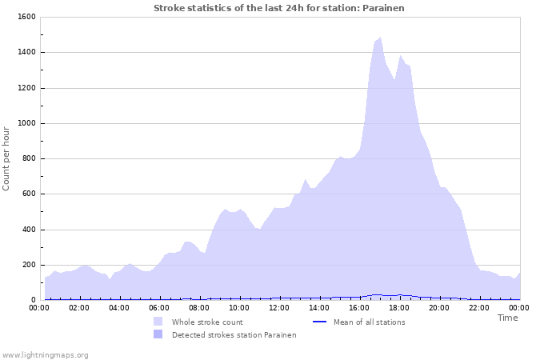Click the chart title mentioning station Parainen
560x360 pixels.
coord(279,8)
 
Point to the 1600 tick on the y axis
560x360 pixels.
coord(26,17)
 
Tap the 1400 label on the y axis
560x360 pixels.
coord(26,53)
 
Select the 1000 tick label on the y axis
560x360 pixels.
coord(26,123)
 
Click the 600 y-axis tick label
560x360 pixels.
coord(29,194)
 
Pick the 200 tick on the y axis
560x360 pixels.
coord(29,265)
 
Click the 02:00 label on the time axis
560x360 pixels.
coord(79,307)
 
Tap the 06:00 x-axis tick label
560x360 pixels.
coord(159,307)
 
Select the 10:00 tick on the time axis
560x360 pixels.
coord(239,307)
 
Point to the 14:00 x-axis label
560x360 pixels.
coord(319,307)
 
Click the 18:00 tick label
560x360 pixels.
coord(399,307)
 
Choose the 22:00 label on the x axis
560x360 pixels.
coord(479,307)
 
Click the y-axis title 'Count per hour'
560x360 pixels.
coord(7,158)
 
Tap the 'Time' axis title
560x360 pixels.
coord(508,318)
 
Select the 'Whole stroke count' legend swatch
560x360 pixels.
coord(158,322)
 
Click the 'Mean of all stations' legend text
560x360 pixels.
coord(369,322)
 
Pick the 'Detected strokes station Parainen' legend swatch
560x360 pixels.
coord(158,334)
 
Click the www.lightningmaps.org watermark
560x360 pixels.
coord(46,354)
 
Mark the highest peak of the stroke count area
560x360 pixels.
coord(380,37)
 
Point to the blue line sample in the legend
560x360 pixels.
coord(319,322)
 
